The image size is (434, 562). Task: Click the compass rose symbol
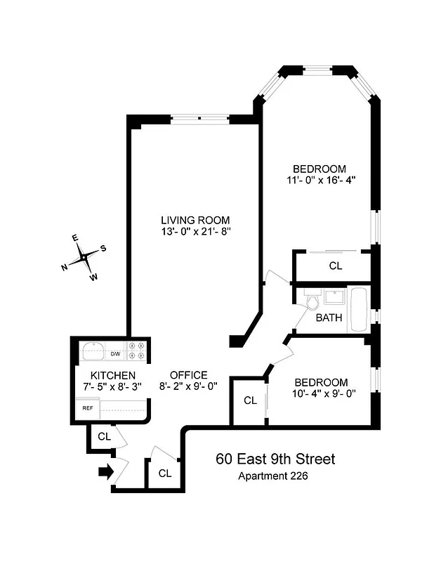tap(84, 258)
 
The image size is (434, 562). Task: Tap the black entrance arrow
tap(105, 472)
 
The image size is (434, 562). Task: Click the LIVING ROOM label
tap(195, 220)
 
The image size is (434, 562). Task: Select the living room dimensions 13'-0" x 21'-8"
tap(195, 232)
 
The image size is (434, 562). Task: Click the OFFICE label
tap(188, 374)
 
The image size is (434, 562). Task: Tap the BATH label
tap(329, 318)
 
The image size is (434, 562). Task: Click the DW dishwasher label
tap(115, 353)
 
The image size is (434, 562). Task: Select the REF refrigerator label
tap(88, 407)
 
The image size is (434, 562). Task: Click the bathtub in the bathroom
tap(359, 310)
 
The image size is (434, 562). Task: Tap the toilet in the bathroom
tap(312, 300)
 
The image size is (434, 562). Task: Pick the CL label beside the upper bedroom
tap(336, 266)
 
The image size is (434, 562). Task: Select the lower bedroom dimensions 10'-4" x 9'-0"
tap(320, 393)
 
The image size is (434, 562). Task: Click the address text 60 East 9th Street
tap(275, 459)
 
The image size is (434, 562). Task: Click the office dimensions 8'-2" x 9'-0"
tap(188, 386)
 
